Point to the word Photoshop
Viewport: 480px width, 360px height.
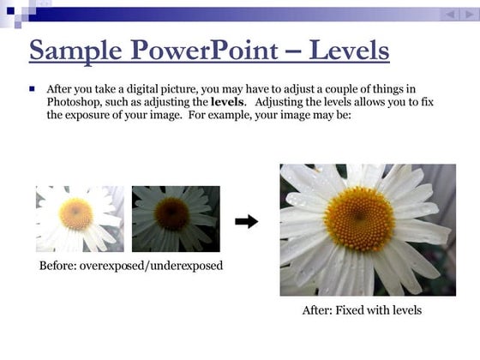tap(74, 102)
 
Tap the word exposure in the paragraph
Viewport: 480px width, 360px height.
tap(90, 115)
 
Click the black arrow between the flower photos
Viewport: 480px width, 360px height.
tap(246, 221)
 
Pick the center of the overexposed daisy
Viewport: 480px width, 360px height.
tap(76, 213)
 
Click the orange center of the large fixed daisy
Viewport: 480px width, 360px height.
tap(359, 219)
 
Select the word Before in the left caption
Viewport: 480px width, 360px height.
tap(57, 266)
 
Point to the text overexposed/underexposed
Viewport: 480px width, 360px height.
tap(151, 266)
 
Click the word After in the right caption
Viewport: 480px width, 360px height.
tap(316, 309)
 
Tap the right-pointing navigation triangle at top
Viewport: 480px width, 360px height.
tap(468, 15)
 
